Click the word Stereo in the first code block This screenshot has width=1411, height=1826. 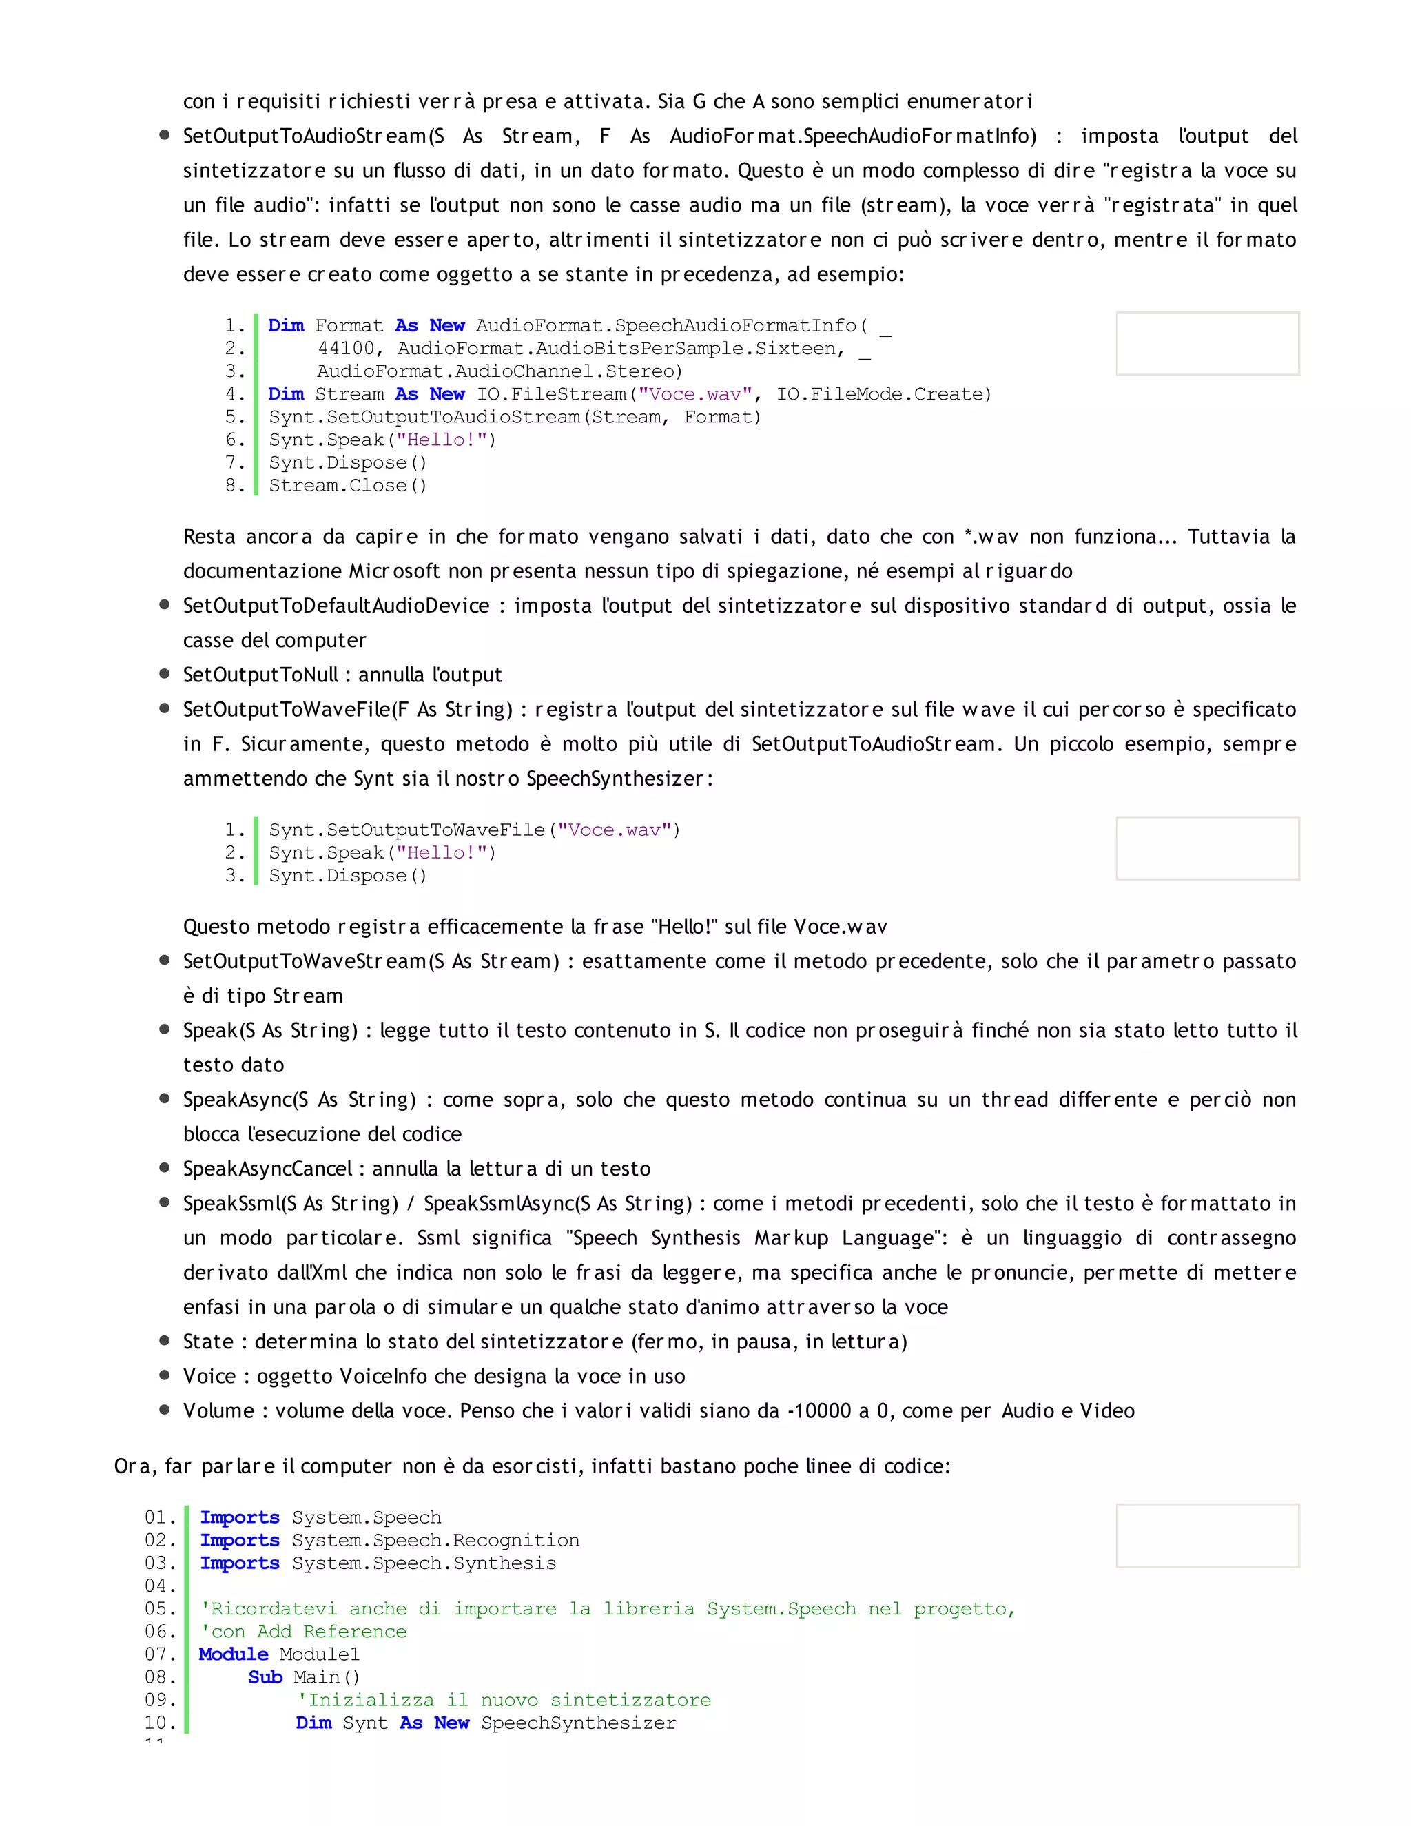click(x=643, y=371)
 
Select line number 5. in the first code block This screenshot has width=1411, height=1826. click(x=235, y=417)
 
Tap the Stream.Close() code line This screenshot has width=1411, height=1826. click(x=348, y=486)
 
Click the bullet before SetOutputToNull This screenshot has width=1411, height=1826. click(x=165, y=674)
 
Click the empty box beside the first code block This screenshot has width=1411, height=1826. click(x=1207, y=344)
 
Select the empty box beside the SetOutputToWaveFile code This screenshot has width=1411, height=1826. click(x=1207, y=849)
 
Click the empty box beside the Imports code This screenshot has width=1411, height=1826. click(x=1207, y=1536)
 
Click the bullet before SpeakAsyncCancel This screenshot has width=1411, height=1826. click(x=165, y=1168)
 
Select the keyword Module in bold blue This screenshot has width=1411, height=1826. click(x=234, y=1654)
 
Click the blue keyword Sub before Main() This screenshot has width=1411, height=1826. click(x=265, y=1677)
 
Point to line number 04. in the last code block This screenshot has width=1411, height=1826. click(x=160, y=1586)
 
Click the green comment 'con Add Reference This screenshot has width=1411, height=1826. click(x=303, y=1632)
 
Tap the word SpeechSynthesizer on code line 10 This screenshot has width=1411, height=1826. click(x=579, y=1723)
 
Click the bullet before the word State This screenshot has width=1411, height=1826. click(x=165, y=1341)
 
